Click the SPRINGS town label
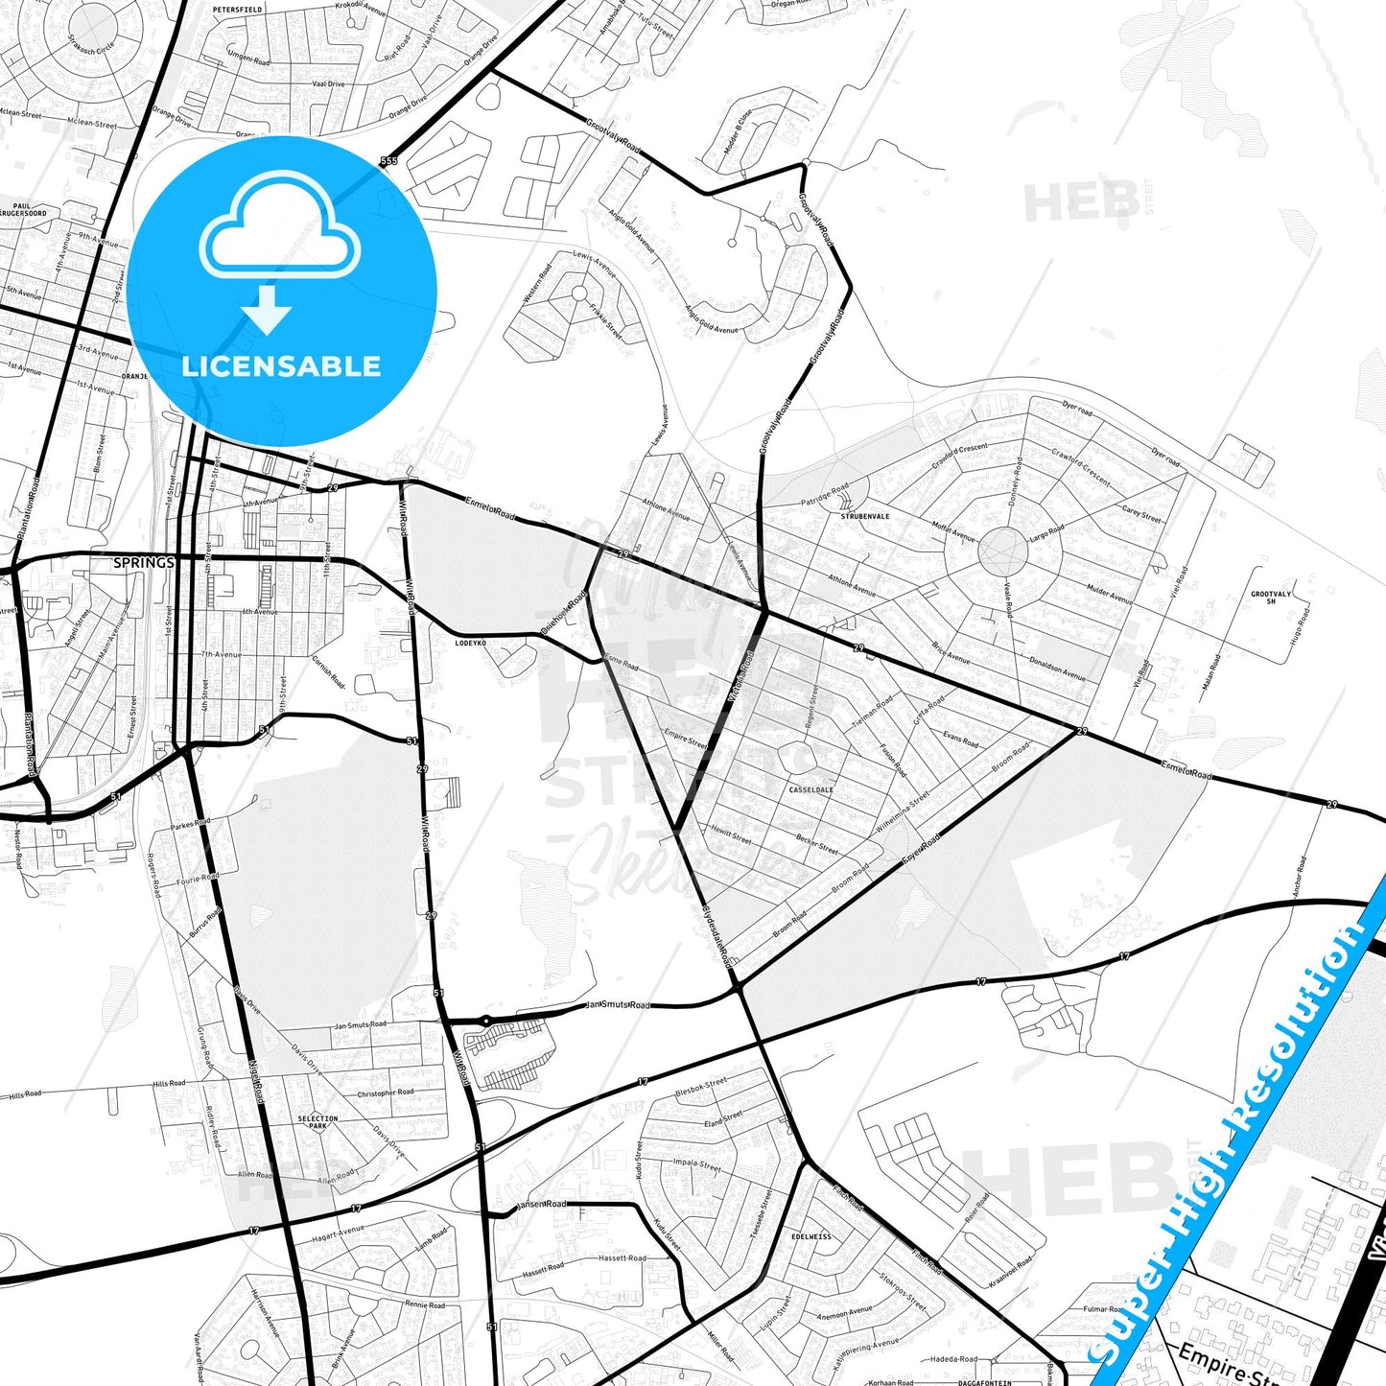(x=144, y=562)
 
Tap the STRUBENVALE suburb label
(x=865, y=516)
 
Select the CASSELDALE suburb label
(x=810, y=790)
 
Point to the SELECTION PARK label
(x=317, y=1121)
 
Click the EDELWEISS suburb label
(x=811, y=1236)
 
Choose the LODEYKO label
(x=470, y=643)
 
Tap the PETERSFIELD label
(x=237, y=9)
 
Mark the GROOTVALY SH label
(x=1271, y=597)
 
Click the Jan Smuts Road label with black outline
(x=618, y=1005)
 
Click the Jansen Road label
(x=542, y=1204)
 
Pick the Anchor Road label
(x=1299, y=876)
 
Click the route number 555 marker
(x=388, y=161)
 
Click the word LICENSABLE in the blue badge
(x=281, y=366)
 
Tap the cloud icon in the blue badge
(x=280, y=227)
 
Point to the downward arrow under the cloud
(x=267, y=309)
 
